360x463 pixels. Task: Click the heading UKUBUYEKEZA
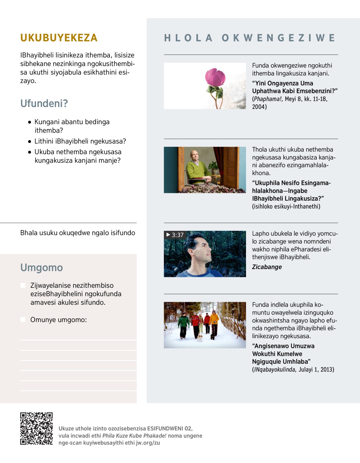coord(59,38)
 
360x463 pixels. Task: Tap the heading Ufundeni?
coord(44,104)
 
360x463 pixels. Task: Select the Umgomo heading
coord(42,268)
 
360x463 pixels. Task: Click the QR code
coord(36,428)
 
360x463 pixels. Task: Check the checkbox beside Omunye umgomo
coord(23,320)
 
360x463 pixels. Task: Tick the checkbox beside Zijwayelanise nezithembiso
coord(23,285)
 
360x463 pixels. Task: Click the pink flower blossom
coord(215,77)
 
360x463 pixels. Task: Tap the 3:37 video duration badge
coord(175,235)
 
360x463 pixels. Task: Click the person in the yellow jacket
coord(214,322)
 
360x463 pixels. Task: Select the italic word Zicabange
coord(267,267)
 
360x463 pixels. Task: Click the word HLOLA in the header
coord(188,38)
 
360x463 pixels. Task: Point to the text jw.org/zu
coord(148,443)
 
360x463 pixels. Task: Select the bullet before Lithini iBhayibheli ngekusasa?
coord(29,141)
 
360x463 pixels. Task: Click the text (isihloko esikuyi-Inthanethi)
coord(286,206)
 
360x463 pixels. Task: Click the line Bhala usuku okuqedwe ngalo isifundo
coord(78,233)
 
